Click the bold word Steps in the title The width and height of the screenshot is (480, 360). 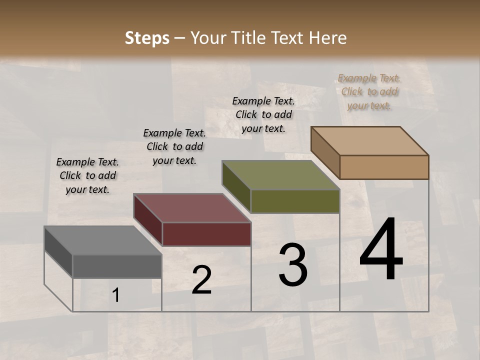pyautogui.click(x=147, y=38)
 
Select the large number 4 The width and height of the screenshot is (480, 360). pyautogui.click(x=381, y=250)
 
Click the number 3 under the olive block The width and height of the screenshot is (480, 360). pyautogui.click(x=293, y=265)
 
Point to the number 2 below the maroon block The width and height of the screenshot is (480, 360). pyautogui.click(x=201, y=280)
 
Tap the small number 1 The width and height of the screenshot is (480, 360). pyautogui.click(x=116, y=295)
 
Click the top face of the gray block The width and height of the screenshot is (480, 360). pyautogui.click(x=102, y=240)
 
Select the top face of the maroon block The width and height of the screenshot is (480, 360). pyautogui.click(x=192, y=207)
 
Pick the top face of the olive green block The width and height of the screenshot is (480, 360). pyautogui.click(x=280, y=174)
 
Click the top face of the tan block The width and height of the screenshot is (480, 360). pyautogui.click(x=370, y=140)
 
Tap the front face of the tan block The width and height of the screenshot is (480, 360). pyautogui.click(x=384, y=167)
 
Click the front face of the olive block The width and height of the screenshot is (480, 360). pyautogui.click(x=295, y=201)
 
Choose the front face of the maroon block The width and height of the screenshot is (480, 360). pyautogui.click(x=206, y=234)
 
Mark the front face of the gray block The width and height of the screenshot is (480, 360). pyautogui.click(x=117, y=266)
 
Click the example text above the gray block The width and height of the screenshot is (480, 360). pyautogui.click(x=87, y=175)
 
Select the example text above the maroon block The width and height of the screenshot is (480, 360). pyautogui.click(x=174, y=146)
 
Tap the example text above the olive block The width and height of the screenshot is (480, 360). pyautogui.click(x=263, y=114)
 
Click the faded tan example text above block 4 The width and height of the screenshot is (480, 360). pyautogui.click(x=369, y=91)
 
